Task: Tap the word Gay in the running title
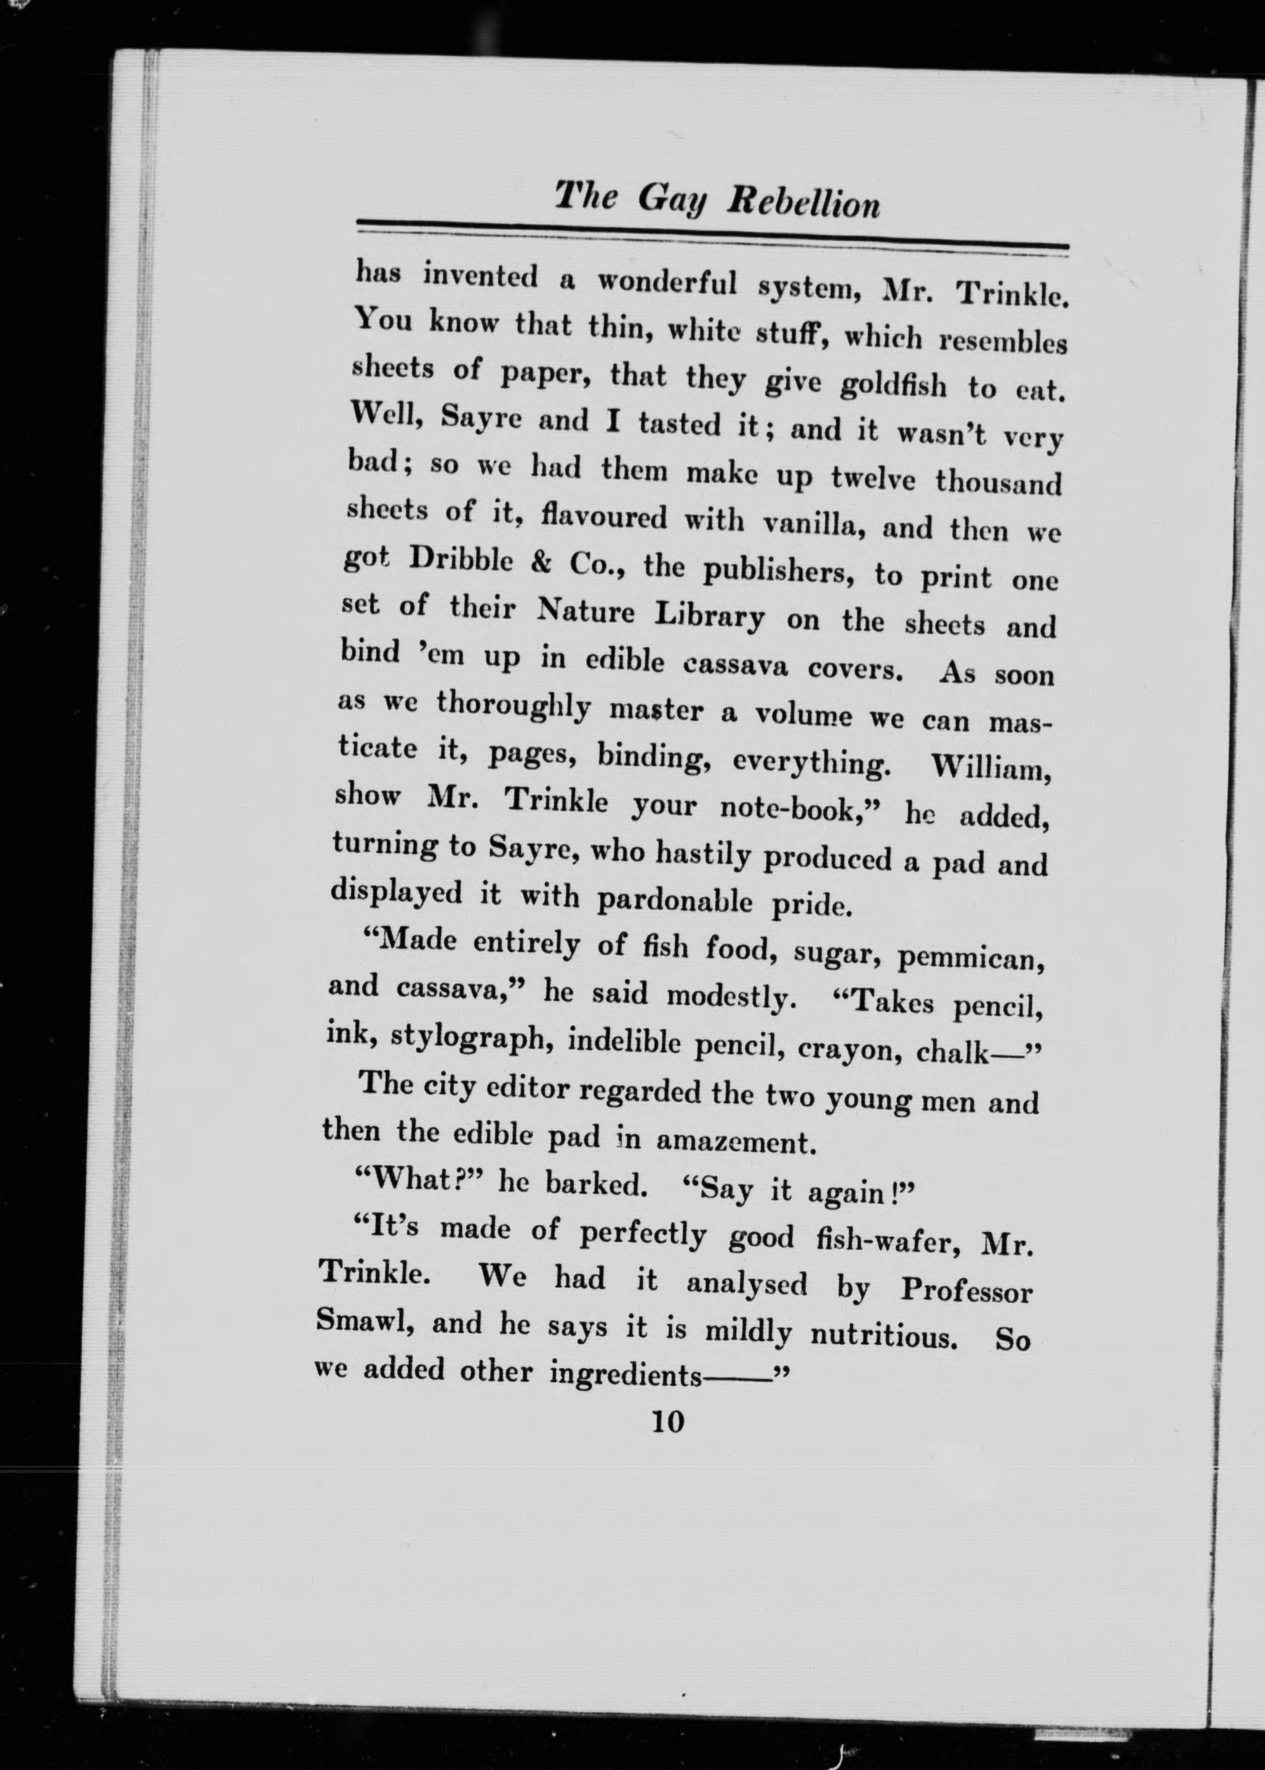click(672, 200)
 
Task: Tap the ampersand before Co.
click(541, 562)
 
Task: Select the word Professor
click(967, 1290)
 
